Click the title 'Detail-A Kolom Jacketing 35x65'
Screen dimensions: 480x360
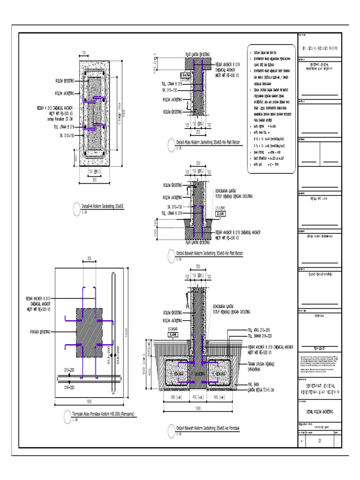(102, 206)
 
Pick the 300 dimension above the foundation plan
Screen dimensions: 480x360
(89, 258)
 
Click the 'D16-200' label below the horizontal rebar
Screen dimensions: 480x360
(69, 387)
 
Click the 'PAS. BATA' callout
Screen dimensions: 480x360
(255, 383)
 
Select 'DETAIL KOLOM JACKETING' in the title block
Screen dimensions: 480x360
(318, 411)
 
